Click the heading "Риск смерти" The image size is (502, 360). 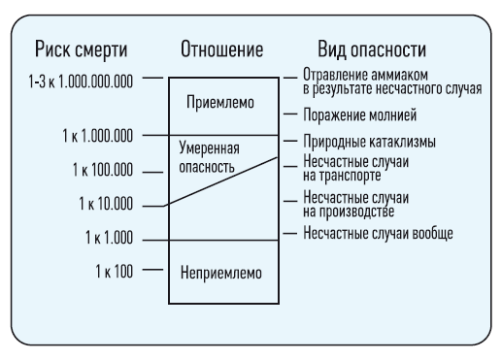tap(81, 50)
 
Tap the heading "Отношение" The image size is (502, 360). tap(221, 49)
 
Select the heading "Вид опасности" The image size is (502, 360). tap(372, 49)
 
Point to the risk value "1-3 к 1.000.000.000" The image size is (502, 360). tap(81, 82)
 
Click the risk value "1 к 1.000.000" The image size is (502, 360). tap(97, 136)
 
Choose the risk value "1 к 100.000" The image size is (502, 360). tap(103, 170)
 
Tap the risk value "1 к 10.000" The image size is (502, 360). tap(106, 204)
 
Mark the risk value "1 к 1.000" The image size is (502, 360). tap(109, 238)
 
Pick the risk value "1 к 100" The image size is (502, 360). tap(114, 271)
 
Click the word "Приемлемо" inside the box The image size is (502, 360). tap(220, 103)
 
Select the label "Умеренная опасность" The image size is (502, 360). tap(209, 157)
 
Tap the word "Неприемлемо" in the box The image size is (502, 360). tap(221, 273)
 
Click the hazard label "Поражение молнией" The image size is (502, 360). tap(359, 115)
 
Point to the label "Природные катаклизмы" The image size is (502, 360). tap(369, 142)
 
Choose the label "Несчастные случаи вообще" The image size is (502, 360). tap(378, 233)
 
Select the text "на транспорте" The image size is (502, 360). tap(342, 176)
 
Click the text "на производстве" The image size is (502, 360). tap(349, 212)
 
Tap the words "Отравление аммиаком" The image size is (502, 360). tap(365, 75)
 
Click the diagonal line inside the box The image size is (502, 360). tap(220, 181)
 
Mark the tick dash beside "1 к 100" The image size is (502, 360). tap(152, 270)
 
